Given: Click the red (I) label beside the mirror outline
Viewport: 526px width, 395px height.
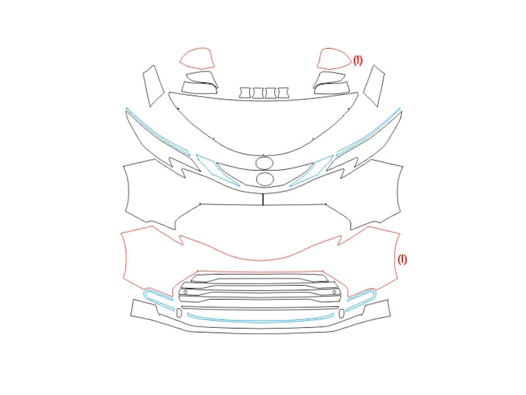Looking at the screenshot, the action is pyautogui.click(x=358, y=61).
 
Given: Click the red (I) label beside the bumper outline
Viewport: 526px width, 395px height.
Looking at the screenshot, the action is pyautogui.click(x=402, y=259).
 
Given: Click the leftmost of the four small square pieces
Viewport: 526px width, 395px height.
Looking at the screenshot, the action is pyautogui.click(x=245, y=93).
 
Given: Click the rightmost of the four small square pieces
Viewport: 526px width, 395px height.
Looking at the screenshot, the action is pyautogui.click(x=283, y=93).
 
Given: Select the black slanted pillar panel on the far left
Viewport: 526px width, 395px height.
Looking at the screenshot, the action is pyautogui.click(x=154, y=86).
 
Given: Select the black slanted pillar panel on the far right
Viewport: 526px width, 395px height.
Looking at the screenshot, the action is pyautogui.click(x=373, y=86).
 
